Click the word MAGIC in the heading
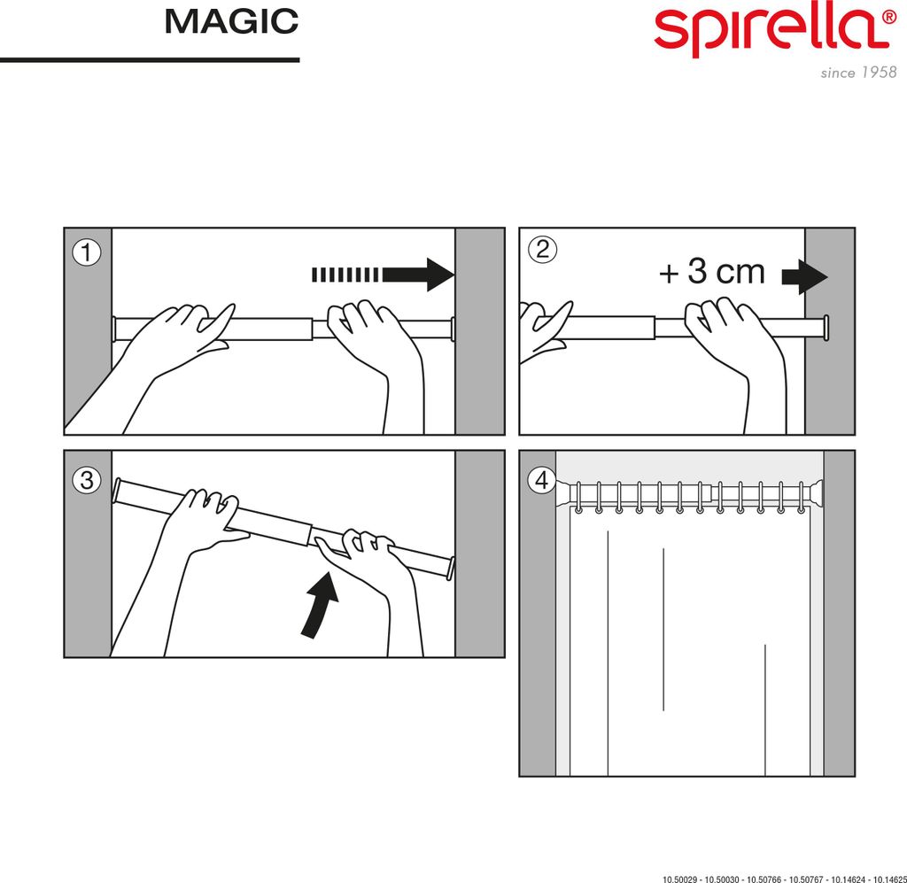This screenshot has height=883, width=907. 231,21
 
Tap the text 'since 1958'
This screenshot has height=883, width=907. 858,73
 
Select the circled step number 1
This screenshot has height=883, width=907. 86,252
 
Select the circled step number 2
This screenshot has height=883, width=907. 541,250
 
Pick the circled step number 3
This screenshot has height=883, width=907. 86,481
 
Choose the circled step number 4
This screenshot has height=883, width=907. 541,481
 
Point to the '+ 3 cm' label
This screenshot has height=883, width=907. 711,273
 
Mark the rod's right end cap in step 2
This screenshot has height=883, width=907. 826,328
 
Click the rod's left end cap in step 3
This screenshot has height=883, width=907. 118,488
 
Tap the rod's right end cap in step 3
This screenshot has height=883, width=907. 451,568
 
